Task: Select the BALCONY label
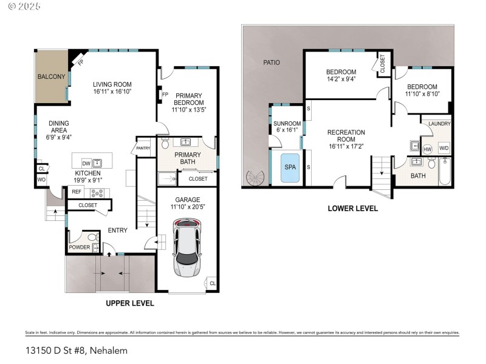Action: [51, 76]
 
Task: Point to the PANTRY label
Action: [143, 148]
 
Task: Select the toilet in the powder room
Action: [92, 238]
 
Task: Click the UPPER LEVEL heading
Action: [130, 303]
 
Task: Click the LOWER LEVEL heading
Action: [352, 208]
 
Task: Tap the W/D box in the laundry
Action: [443, 148]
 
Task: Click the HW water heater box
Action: [427, 149]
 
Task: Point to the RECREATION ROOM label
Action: [346, 136]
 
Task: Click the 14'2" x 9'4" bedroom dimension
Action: [341, 78]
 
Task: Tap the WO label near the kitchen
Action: [41, 180]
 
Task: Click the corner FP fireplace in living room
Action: [78, 61]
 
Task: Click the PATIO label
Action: [272, 62]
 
